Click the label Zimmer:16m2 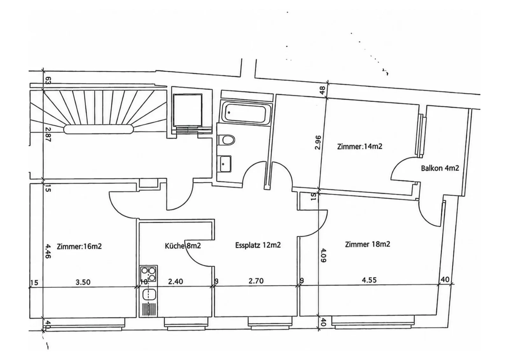pos(79,246)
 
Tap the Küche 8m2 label pos(183,246)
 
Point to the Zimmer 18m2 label pos(367,244)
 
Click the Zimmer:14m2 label pos(360,146)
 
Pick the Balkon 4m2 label pos(440,168)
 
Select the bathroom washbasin pos(225,164)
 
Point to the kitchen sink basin pos(149,295)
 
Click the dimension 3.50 pos(83,282)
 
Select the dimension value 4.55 pos(369,280)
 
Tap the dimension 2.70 pos(256,281)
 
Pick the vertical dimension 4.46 pos(48,251)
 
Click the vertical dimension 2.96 pos(318,143)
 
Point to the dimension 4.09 pos(323,255)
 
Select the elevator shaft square pos(187,110)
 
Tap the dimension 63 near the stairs pos(48,81)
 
